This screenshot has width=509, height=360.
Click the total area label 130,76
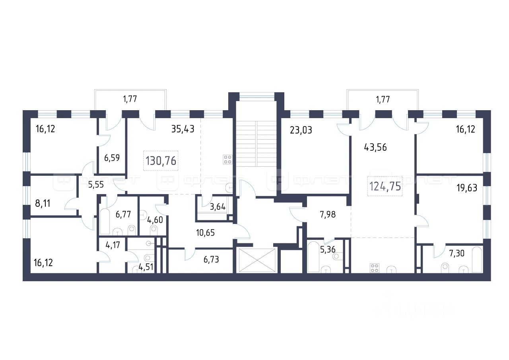point(161,161)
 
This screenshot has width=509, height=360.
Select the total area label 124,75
point(385,186)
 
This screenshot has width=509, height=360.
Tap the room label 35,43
point(183,129)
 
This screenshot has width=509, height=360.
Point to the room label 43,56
point(375,147)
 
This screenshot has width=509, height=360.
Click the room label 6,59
point(112,158)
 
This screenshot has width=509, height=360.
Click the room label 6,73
point(212,260)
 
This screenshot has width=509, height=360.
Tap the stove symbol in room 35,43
point(228,159)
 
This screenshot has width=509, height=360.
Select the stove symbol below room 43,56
point(374,268)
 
